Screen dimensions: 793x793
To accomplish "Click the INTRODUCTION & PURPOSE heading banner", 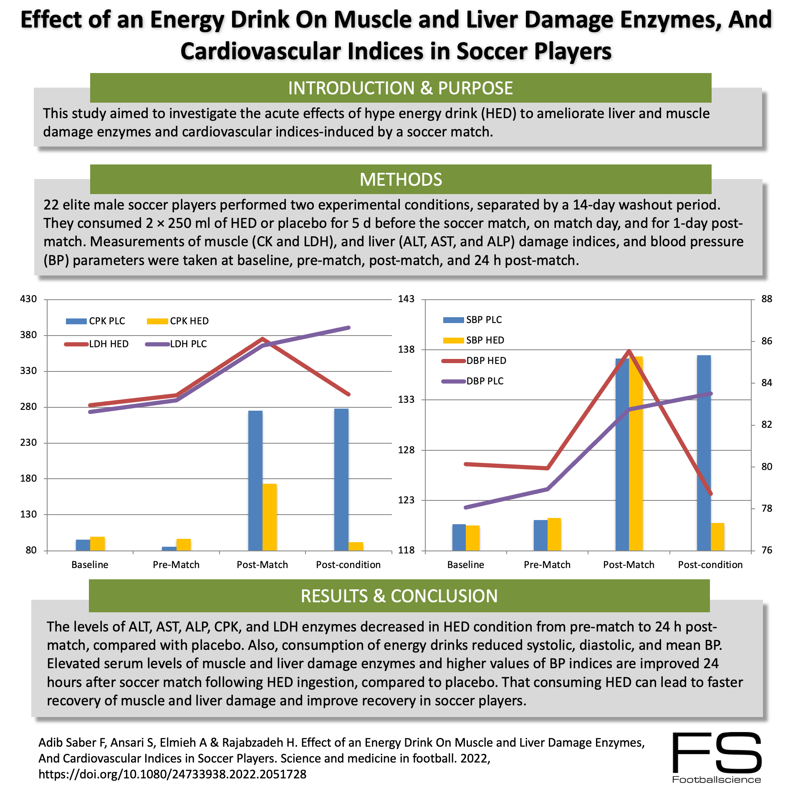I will tap(400, 88).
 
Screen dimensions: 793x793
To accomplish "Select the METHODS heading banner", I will tap(400, 179).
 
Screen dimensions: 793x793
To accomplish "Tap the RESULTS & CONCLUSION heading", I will tap(399, 596).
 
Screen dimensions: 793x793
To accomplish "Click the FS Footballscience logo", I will tap(717, 758).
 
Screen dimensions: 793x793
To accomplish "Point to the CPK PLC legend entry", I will tap(96, 321).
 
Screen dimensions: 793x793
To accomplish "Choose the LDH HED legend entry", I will tap(97, 344).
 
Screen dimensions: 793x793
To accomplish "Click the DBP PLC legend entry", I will tap(473, 381).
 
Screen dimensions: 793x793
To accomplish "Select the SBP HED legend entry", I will tap(474, 340).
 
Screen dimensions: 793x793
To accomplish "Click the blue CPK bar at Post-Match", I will tap(255, 480).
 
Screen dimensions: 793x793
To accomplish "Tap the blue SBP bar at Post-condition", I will tap(704, 453).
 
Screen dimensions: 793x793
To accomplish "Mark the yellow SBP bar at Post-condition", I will tap(717, 537).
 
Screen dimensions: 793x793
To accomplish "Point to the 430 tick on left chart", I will tap(28, 299).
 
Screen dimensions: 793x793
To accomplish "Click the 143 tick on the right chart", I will tap(406, 299).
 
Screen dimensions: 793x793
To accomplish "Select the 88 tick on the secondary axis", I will tap(767, 299).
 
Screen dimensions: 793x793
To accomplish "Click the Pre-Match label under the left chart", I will tap(176, 565).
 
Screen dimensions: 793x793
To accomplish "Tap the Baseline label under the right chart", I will tap(465, 565).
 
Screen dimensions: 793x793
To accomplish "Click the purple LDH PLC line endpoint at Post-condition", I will tap(349, 328).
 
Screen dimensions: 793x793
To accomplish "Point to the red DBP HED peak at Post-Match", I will tap(629, 351).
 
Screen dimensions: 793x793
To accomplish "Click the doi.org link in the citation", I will tap(172, 775).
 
